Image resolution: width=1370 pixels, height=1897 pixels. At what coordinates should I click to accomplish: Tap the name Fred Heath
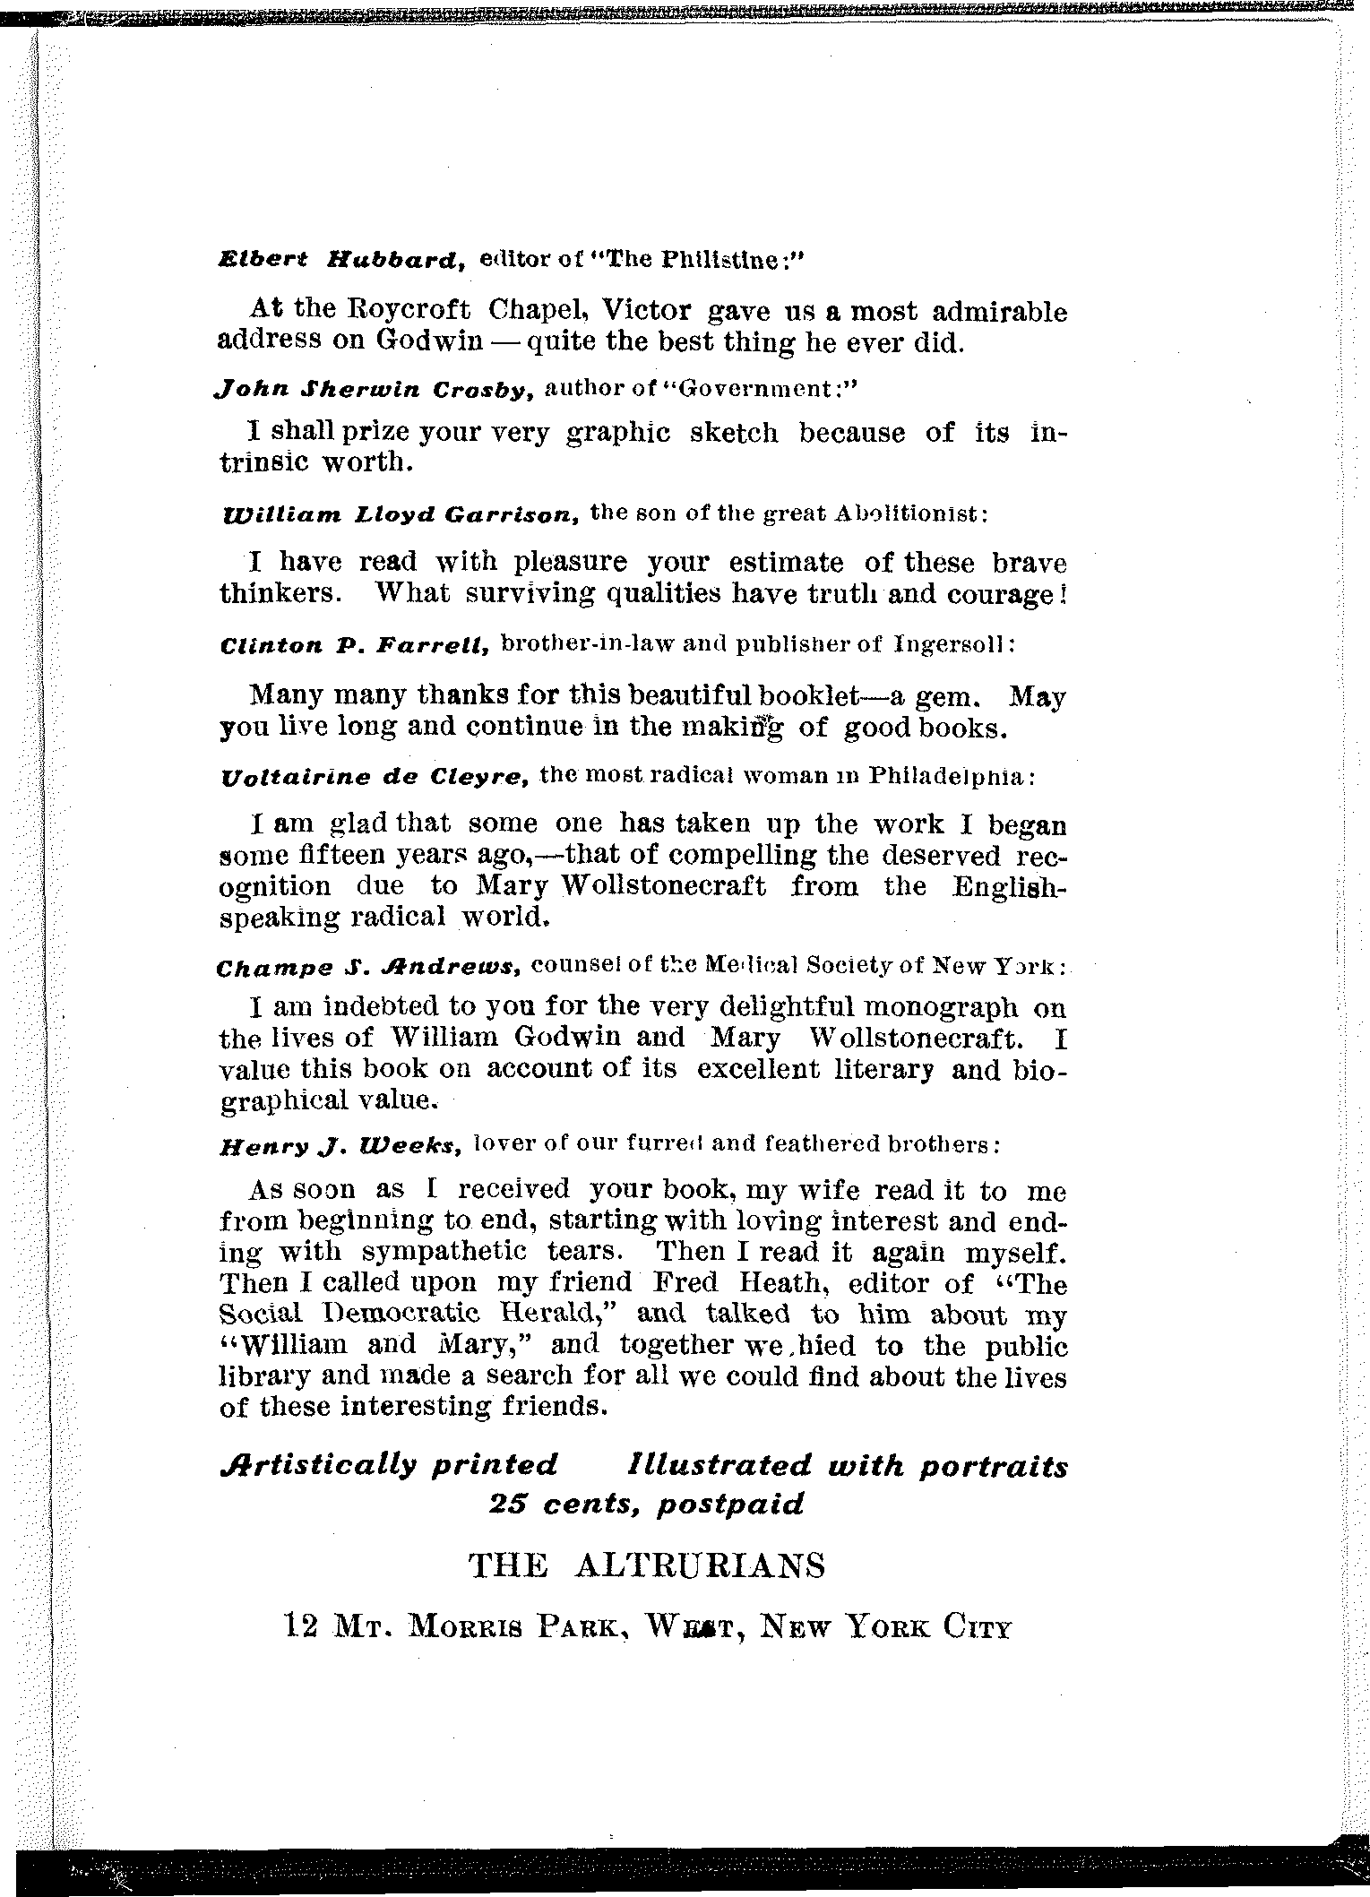pyautogui.click(x=734, y=1284)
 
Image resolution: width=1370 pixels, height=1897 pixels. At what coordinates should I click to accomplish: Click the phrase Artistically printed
pyautogui.click(x=388, y=1467)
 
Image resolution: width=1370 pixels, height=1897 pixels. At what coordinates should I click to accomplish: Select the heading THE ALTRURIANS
pyautogui.click(x=647, y=1566)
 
